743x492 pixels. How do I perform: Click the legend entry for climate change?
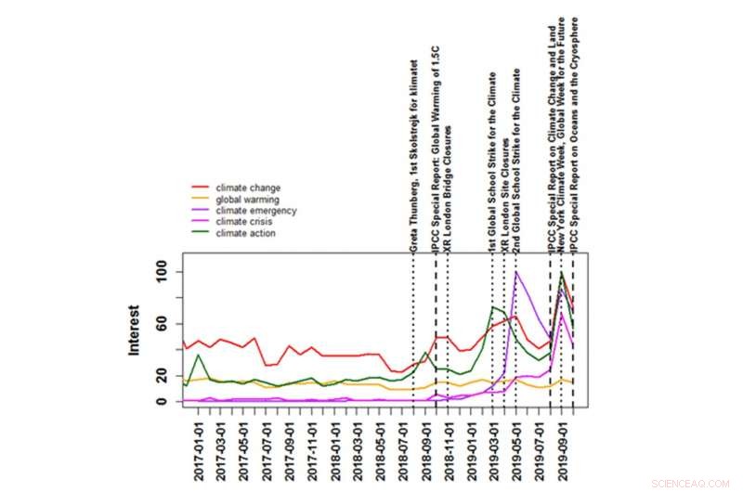[x=242, y=188]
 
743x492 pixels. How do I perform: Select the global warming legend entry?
[x=244, y=200]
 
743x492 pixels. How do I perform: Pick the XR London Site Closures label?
[x=505, y=194]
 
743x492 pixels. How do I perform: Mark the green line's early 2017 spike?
[x=199, y=355]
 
